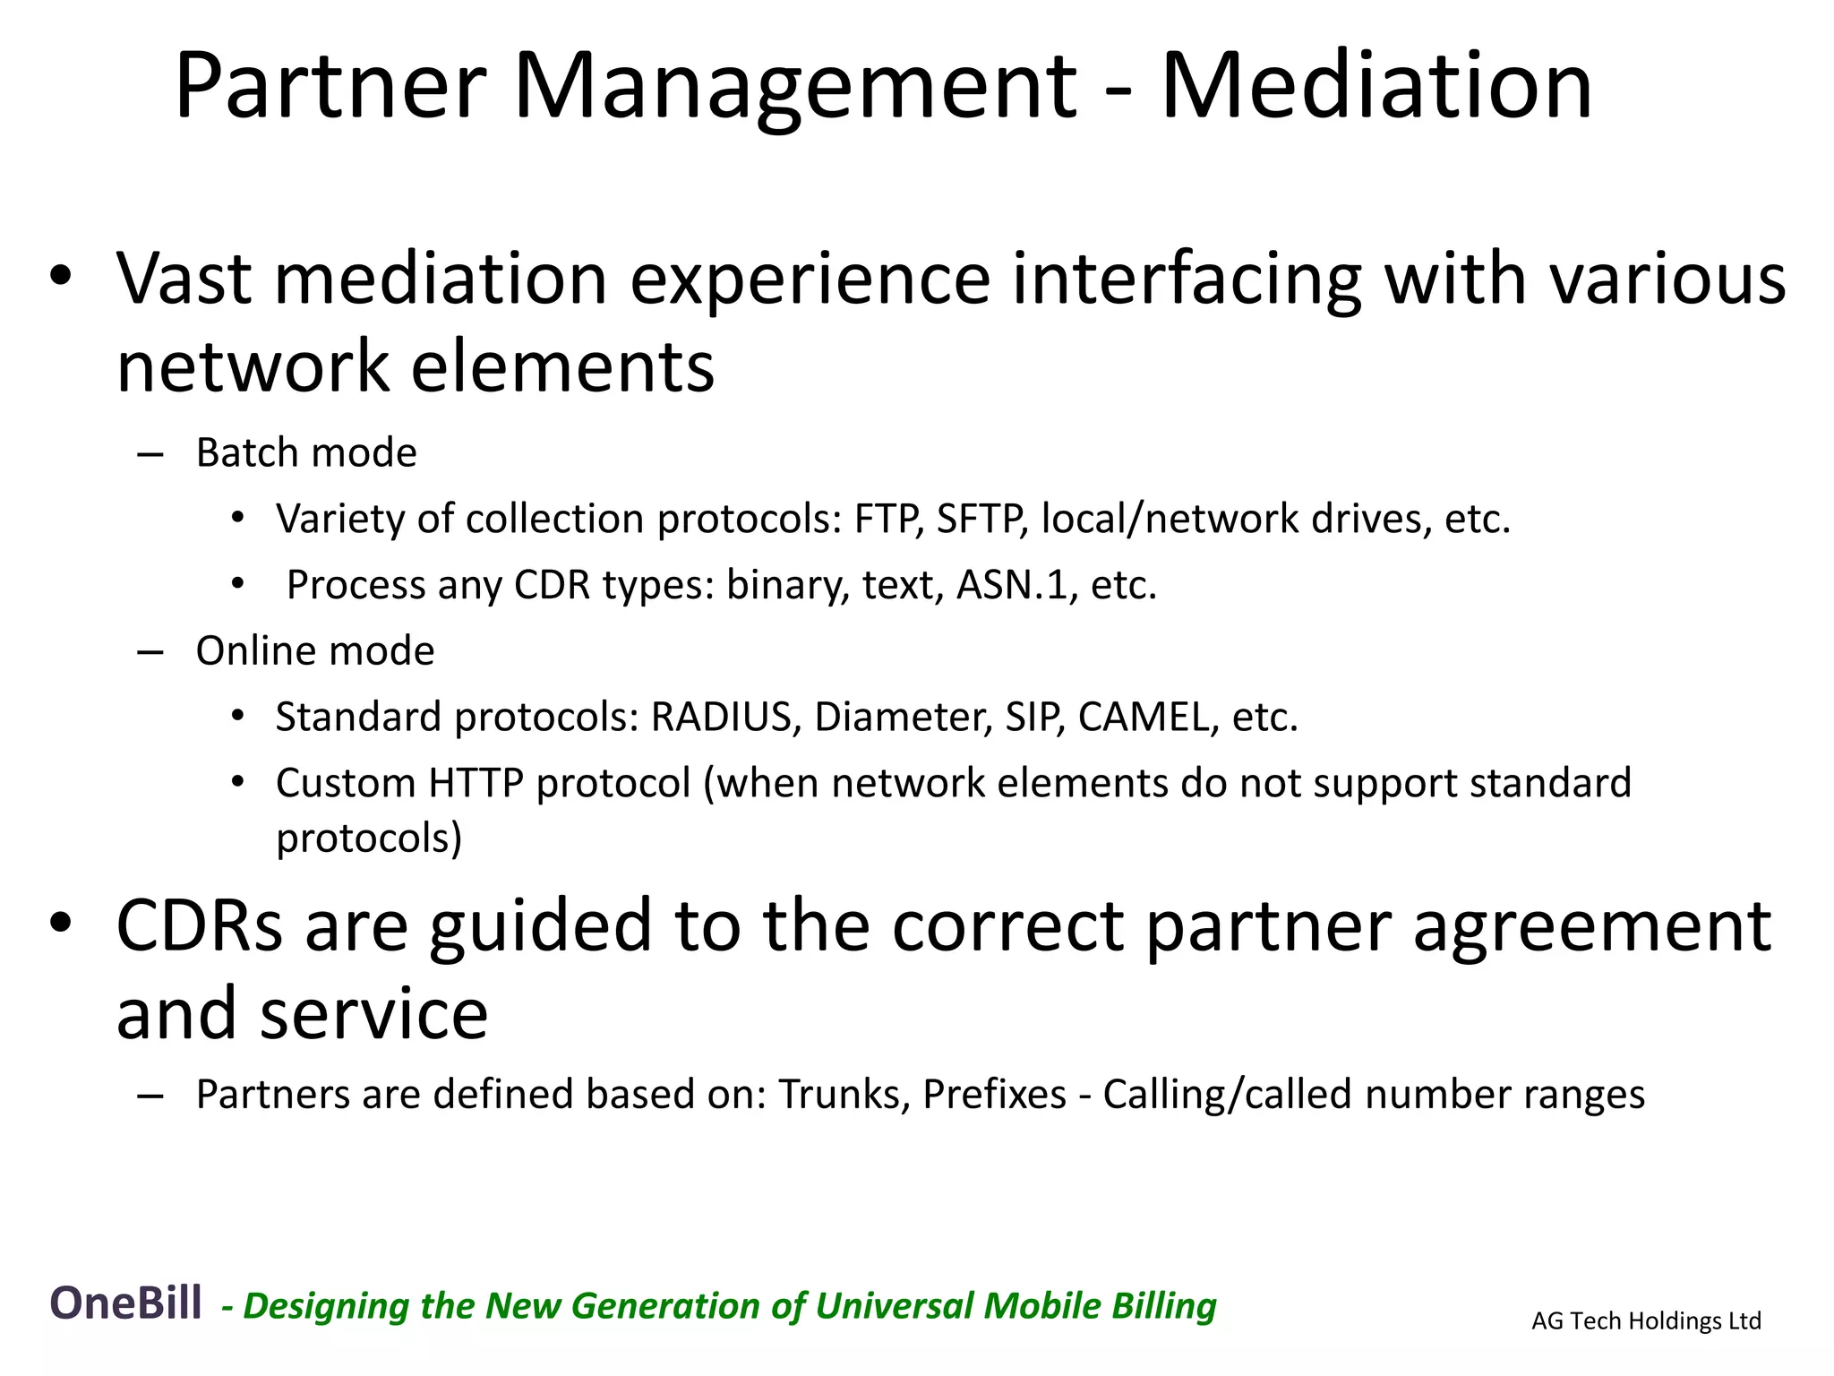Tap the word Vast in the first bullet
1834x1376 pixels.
184,279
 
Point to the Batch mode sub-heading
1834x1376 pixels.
306,452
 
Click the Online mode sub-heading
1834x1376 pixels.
315,650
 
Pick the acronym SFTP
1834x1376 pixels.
981,519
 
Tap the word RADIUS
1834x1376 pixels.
722,717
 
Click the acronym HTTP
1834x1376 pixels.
476,783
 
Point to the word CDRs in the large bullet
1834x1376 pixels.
199,925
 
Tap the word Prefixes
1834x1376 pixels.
994,1095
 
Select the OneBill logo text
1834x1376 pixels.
125,1303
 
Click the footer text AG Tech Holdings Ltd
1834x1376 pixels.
1646,1320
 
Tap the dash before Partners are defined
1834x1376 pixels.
150,1096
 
